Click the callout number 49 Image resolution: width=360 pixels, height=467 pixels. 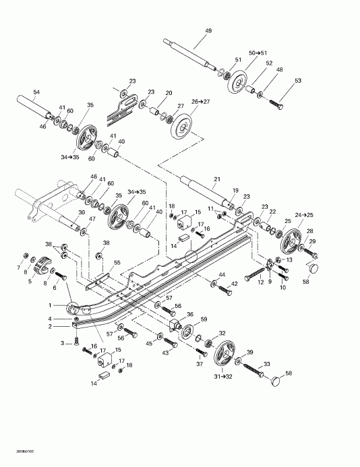pos(208,30)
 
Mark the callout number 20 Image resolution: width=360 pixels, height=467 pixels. pos(169,93)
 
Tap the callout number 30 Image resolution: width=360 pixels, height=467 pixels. pos(82,213)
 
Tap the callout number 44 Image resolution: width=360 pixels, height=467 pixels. pos(221,274)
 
